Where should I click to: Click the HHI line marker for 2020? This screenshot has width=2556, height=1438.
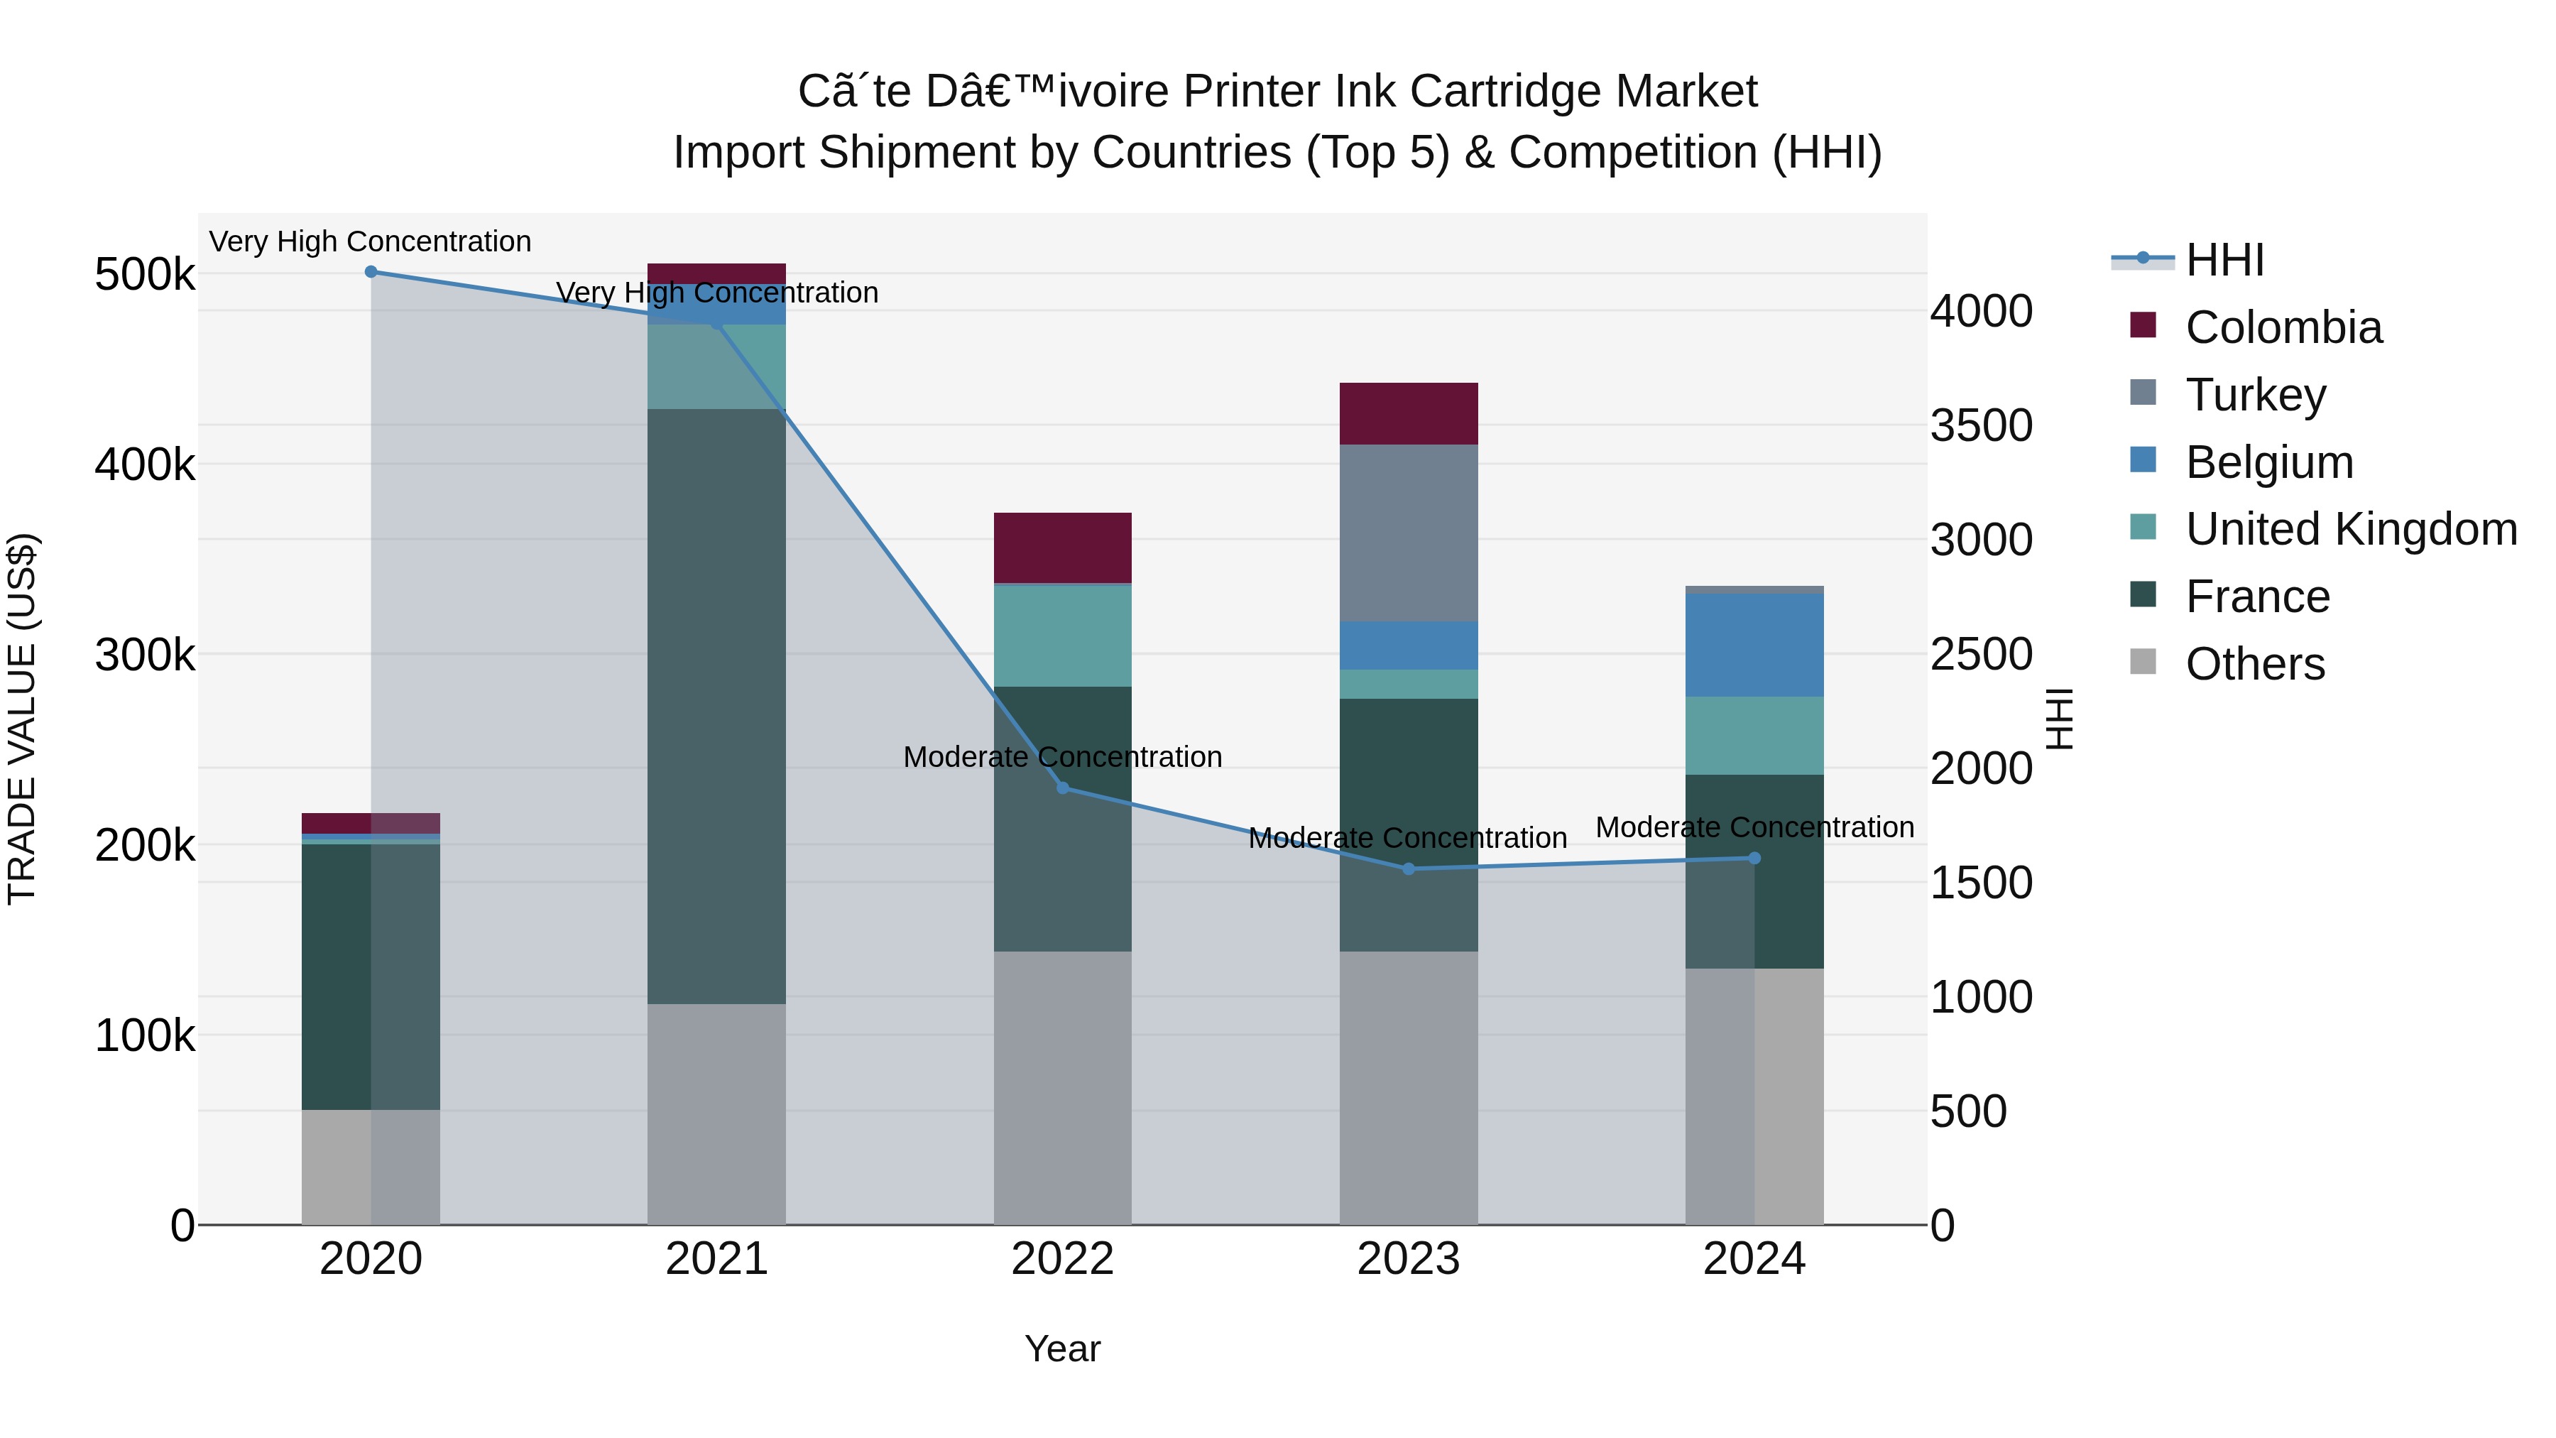pyautogui.click(x=371, y=272)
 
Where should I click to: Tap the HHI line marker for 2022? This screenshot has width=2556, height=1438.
pyautogui.click(x=1063, y=788)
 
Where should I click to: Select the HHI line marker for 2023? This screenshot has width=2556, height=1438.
pyautogui.click(x=1408, y=869)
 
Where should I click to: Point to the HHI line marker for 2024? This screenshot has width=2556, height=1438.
pyautogui.click(x=1754, y=859)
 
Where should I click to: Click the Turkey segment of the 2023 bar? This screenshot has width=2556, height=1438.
pyautogui.click(x=1408, y=533)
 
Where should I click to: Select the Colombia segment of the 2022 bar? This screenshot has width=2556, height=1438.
pyautogui.click(x=1063, y=548)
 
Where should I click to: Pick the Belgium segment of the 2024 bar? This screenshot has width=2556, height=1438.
pyautogui.click(x=1754, y=645)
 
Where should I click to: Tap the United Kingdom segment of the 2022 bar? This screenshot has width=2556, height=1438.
pyautogui.click(x=1063, y=635)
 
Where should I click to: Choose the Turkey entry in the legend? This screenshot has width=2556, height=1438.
pyautogui.click(x=2256, y=395)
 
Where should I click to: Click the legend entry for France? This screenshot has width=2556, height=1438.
pyautogui.click(x=2257, y=597)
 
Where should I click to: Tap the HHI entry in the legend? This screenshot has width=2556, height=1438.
pyautogui.click(x=2224, y=260)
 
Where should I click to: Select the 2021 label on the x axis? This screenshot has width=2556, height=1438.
pyautogui.click(x=716, y=1259)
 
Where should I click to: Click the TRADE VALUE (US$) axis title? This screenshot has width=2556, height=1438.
pyautogui.click(x=22, y=719)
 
